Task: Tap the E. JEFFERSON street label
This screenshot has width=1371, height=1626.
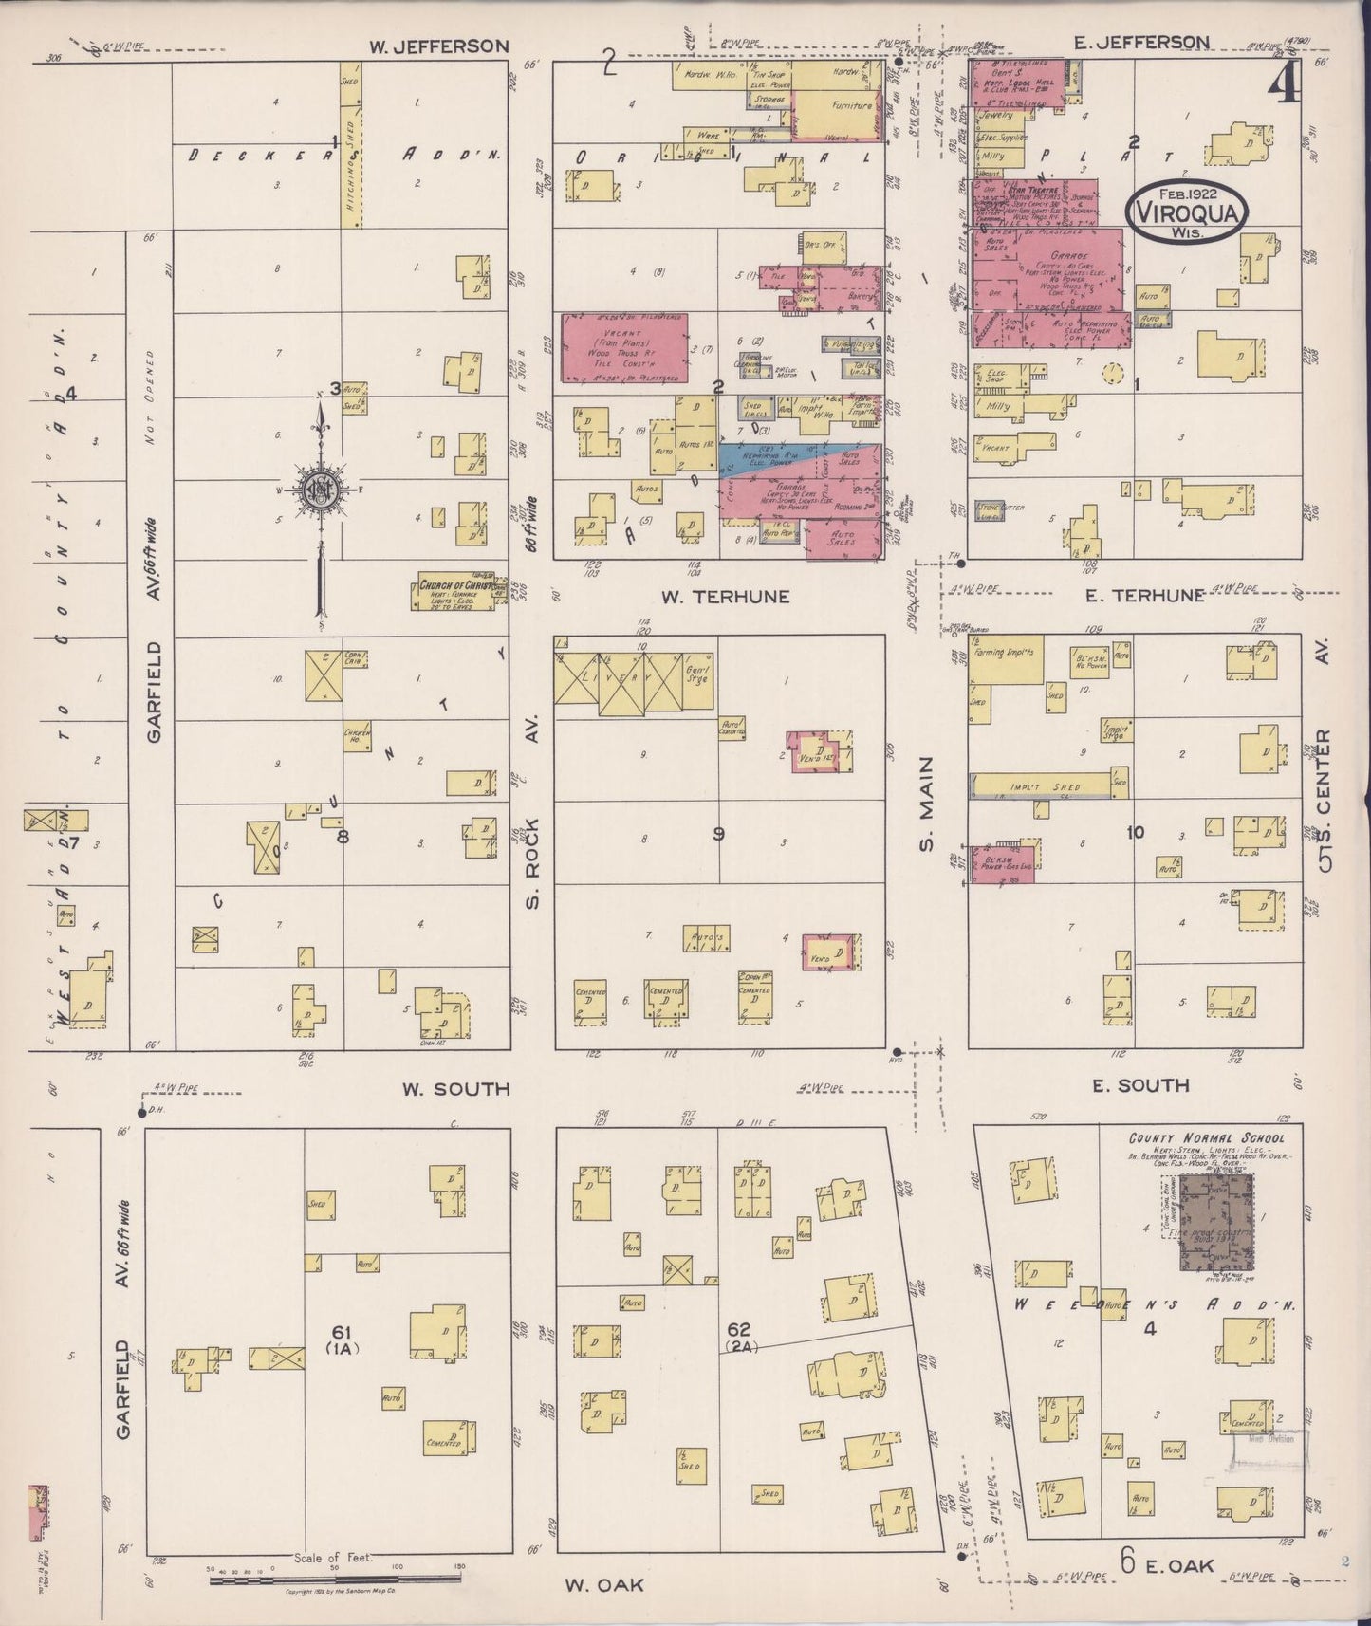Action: (1141, 42)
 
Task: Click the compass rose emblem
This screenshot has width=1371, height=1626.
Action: (321, 490)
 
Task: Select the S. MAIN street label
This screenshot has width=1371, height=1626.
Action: (927, 804)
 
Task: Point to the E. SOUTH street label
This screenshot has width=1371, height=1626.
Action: (1139, 1085)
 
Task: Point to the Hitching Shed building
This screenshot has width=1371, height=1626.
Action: (350, 145)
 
